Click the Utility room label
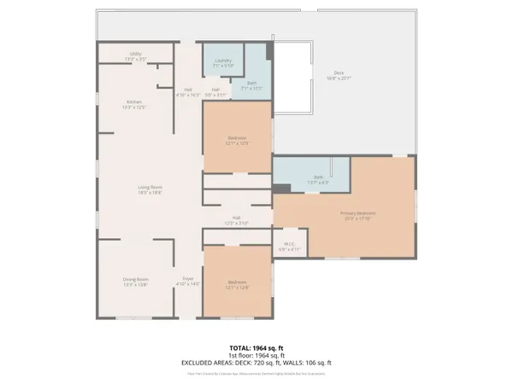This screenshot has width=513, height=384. [135, 55]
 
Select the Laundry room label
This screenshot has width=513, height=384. [223, 61]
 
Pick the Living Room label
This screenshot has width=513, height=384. [150, 189]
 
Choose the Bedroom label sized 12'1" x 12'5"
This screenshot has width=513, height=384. [237, 140]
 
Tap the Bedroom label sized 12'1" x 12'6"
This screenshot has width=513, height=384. [237, 284]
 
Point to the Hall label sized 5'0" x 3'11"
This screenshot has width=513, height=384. [216, 91]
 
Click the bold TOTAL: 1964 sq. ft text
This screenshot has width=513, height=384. [256, 348]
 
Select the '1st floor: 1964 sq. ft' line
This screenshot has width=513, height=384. [256, 355]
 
